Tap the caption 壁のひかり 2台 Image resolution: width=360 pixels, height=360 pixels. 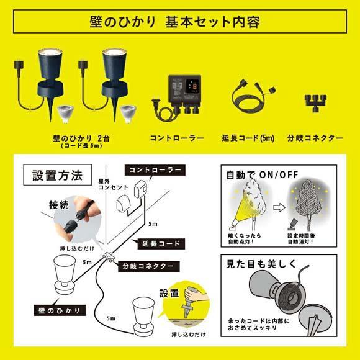click(77, 137)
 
